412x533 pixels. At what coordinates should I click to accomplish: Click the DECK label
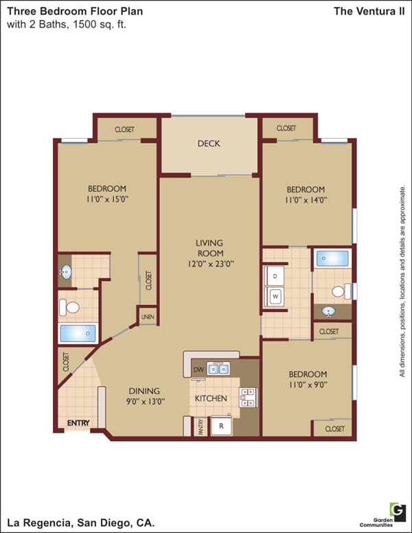209,144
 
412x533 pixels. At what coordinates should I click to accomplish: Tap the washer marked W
275,297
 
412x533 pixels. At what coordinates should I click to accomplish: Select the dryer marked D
275,276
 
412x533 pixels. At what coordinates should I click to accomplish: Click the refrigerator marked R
221,426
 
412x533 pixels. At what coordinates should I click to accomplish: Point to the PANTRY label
201,427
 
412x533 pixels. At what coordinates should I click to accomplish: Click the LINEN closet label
148,317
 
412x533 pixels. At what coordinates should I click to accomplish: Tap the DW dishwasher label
198,370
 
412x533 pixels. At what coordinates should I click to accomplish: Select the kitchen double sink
218,369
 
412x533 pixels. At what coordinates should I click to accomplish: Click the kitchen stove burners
247,398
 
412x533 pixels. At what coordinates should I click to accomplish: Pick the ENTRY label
78,423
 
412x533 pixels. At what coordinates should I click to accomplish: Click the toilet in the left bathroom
69,308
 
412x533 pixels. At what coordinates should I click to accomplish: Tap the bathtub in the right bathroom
332,259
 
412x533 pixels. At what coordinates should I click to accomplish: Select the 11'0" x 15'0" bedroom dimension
107,199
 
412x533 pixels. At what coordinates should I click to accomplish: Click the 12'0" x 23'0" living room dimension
211,264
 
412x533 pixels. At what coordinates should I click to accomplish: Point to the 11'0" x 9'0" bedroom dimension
308,385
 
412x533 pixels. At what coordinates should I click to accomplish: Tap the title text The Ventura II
369,11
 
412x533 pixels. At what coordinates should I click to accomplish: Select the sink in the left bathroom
66,271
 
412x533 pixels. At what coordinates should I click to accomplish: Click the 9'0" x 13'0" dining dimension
146,401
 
